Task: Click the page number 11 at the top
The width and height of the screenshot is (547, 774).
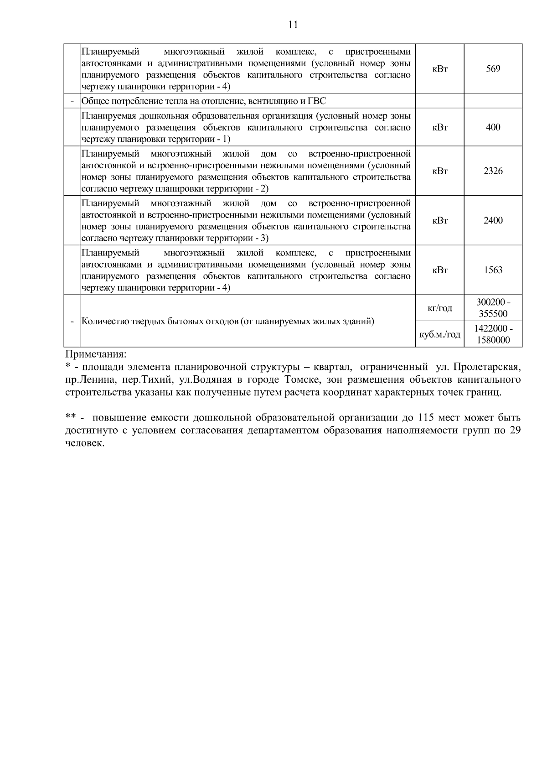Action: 293,25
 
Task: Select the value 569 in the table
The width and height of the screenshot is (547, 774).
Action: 493,69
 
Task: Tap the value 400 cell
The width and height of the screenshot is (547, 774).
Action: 493,127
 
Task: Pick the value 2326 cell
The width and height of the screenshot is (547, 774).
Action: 493,171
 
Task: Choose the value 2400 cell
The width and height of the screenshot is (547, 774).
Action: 493,221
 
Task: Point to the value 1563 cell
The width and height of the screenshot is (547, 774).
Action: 493,270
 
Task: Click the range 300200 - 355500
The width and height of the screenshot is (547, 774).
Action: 493,308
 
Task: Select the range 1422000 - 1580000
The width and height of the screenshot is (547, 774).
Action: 493,334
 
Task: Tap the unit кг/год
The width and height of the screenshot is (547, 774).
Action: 439,308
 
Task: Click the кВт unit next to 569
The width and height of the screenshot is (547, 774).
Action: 439,69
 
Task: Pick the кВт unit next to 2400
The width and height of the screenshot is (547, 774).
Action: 439,221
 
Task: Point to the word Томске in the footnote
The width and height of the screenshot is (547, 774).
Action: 301,379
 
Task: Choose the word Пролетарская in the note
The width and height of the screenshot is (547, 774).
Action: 487,367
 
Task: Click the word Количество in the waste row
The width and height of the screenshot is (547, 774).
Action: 101,322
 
